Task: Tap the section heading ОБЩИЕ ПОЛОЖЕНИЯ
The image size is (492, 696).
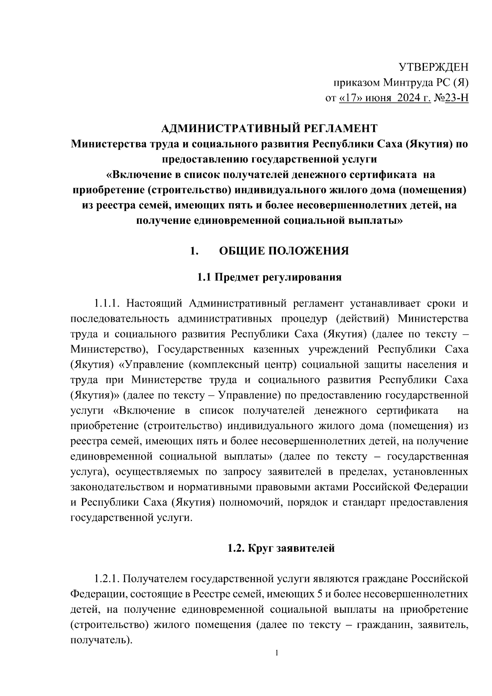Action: coord(284,250)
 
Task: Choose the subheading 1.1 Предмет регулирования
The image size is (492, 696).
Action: coord(269,277)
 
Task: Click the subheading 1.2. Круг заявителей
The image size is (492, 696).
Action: coord(281,548)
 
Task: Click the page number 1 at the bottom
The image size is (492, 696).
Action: coord(277,653)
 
